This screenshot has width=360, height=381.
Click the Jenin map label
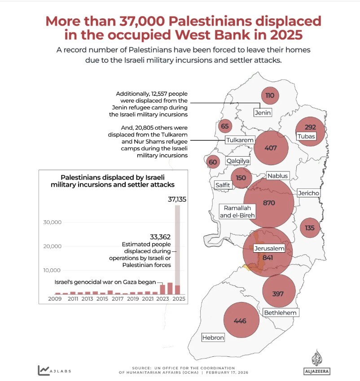263,113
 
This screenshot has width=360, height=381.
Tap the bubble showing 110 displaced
270,95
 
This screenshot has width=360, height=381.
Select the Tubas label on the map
306,136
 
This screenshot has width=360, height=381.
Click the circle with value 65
225,127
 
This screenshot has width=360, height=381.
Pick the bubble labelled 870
268,203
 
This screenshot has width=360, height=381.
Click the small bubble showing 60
213,162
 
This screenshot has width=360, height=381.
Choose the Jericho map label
308,193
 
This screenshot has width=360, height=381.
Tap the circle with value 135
310,228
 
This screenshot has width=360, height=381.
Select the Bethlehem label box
281,312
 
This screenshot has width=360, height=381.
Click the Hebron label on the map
213,337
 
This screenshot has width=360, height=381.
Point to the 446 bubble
241,321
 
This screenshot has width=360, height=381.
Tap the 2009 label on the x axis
55,299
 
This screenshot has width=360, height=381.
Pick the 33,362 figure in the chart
160,236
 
